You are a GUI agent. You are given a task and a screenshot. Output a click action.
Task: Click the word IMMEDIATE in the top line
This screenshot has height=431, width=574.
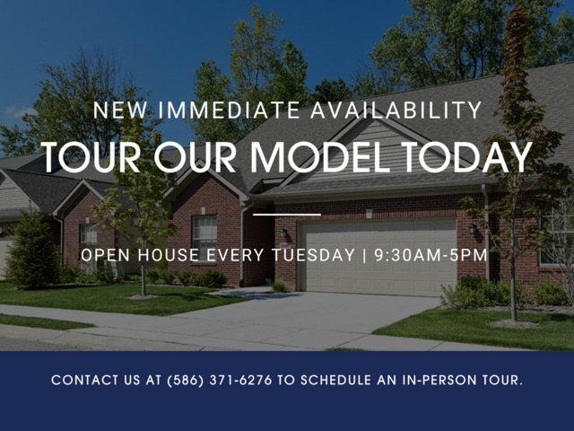(x=229, y=110)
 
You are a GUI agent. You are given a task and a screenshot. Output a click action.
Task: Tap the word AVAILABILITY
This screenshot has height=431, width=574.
(x=396, y=110)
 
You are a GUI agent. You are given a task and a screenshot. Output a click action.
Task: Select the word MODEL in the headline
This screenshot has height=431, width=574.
(x=320, y=157)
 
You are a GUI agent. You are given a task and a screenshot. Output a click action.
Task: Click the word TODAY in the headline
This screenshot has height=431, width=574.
(x=466, y=157)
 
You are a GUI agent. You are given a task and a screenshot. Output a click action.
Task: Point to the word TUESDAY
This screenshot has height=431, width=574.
(x=313, y=255)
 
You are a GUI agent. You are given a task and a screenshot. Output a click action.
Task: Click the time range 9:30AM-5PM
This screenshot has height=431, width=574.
(x=430, y=255)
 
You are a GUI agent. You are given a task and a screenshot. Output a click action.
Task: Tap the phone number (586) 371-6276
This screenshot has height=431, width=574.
(x=220, y=380)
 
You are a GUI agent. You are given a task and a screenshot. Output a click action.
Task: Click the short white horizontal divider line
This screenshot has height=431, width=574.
(x=287, y=215)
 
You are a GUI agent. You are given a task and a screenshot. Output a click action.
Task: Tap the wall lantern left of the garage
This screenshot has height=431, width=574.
(x=283, y=233)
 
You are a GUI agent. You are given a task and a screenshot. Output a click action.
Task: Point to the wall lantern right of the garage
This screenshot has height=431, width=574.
(x=473, y=228)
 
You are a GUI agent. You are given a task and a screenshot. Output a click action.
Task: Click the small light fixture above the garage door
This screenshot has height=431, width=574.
(x=369, y=213)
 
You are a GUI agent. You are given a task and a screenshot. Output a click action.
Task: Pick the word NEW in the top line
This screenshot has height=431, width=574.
(x=120, y=110)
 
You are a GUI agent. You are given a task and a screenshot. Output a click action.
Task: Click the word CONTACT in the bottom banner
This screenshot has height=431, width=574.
(x=85, y=380)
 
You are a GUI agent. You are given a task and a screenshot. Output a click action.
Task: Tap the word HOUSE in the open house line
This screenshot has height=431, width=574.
(x=169, y=255)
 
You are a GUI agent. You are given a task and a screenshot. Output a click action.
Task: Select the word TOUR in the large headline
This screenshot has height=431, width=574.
(x=91, y=157)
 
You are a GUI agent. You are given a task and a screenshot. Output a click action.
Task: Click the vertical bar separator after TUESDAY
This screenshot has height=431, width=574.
(x=364, y=255)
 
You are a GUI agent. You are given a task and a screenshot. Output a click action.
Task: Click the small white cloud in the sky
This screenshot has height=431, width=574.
(x=20, y=111)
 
